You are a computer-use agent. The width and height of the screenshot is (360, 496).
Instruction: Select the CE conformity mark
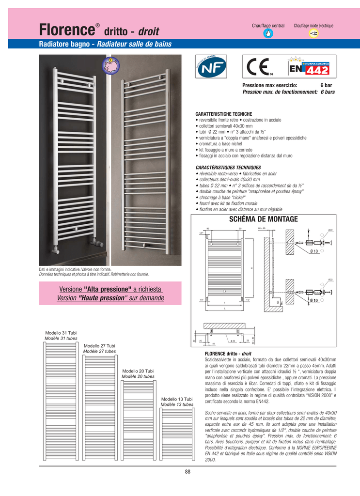(257, 67)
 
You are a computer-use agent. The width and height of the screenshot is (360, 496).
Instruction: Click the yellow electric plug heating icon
(313, 33)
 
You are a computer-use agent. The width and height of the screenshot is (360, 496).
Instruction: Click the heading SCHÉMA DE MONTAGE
(263, 219)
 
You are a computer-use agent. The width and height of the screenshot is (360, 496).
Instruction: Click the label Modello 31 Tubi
(61, 333)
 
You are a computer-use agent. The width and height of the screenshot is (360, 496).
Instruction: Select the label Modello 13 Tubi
(177, 399)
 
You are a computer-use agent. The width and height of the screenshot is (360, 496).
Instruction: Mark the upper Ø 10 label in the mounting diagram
(313, 251)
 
